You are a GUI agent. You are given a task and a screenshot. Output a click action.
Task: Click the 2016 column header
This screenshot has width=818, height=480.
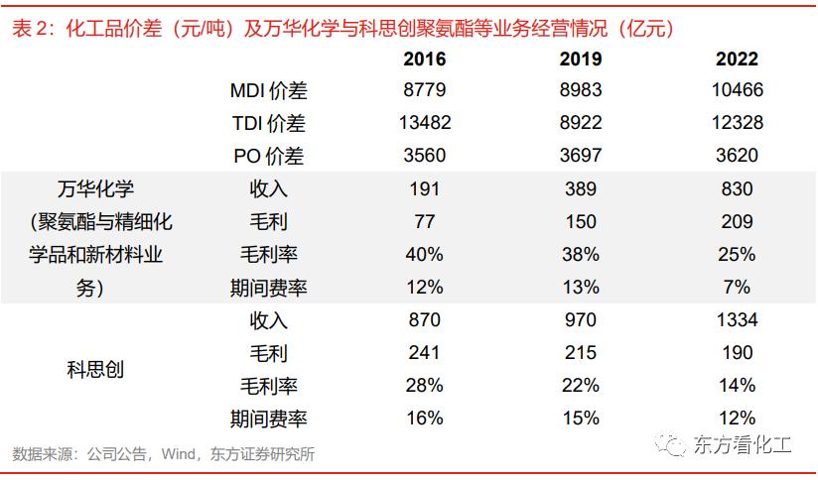[424, 59]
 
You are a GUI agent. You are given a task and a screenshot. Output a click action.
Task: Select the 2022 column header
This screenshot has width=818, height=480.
[736, 59]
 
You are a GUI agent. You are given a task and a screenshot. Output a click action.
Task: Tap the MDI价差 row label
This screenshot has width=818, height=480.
[268, 91]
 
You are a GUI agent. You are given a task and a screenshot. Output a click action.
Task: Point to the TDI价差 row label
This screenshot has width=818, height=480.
[268, 124]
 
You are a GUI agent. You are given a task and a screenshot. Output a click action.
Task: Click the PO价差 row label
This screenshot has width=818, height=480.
[268, 157]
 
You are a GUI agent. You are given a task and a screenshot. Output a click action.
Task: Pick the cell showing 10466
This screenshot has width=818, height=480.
[736, 91]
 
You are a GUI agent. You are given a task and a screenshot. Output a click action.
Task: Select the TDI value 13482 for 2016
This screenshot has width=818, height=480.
[424, 124]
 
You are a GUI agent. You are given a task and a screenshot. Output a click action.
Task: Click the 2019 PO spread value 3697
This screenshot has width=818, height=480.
[580, 157]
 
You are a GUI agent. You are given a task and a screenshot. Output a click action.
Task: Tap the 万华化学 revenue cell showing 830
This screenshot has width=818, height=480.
[736, 189]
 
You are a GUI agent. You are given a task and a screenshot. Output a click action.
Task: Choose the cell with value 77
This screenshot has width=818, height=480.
[424, 222]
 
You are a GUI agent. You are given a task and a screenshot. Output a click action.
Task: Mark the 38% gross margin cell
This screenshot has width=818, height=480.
[580, 255]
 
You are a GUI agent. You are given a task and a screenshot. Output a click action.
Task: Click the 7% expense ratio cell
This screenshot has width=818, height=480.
[736, 288]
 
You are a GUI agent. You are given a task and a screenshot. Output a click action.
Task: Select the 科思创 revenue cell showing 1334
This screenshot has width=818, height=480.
[736, 320]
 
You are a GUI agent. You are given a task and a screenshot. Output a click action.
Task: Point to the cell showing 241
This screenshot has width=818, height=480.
[424, 353]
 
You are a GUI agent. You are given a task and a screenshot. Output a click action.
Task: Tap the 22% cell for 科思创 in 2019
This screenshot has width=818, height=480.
[580, 386]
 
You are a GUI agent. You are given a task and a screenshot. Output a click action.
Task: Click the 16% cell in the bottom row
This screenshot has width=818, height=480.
[424, 419]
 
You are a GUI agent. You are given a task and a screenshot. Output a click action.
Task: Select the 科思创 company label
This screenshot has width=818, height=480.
[95, 370]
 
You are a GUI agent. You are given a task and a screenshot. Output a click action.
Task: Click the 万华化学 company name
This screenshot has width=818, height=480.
[95, 189]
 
